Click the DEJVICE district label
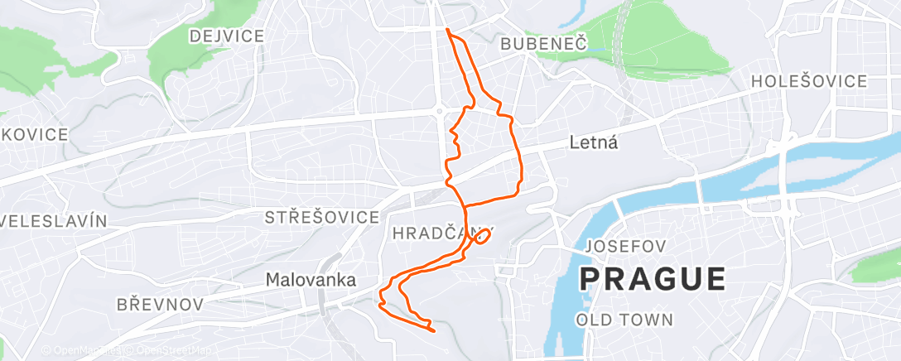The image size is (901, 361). pyautogui.click(x=226, y=36)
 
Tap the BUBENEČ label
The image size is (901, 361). pyautogui.click(x=543, y=46)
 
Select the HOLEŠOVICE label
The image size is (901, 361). pyautogui.click(x=809, y=81)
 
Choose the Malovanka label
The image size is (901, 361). pyautogui.click(x=311, y=281)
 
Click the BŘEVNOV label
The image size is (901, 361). pyautogui.click(x=160, y=305)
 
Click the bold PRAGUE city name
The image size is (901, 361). pyautogui.click(x=653, y=278)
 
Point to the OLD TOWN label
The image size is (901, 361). pyautogui.click(x=624, y=319)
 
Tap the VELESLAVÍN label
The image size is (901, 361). pyautogui.click(x=54, y=221)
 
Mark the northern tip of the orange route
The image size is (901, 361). pyautogui.click(x=447, y=30)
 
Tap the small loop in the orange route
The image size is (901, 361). pyautogui.click(x=481, y=238)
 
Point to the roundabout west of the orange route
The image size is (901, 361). pyautogui.click(x=440, y=111)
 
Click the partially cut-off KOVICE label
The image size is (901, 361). pyautogui.click(x=34, y=134)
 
